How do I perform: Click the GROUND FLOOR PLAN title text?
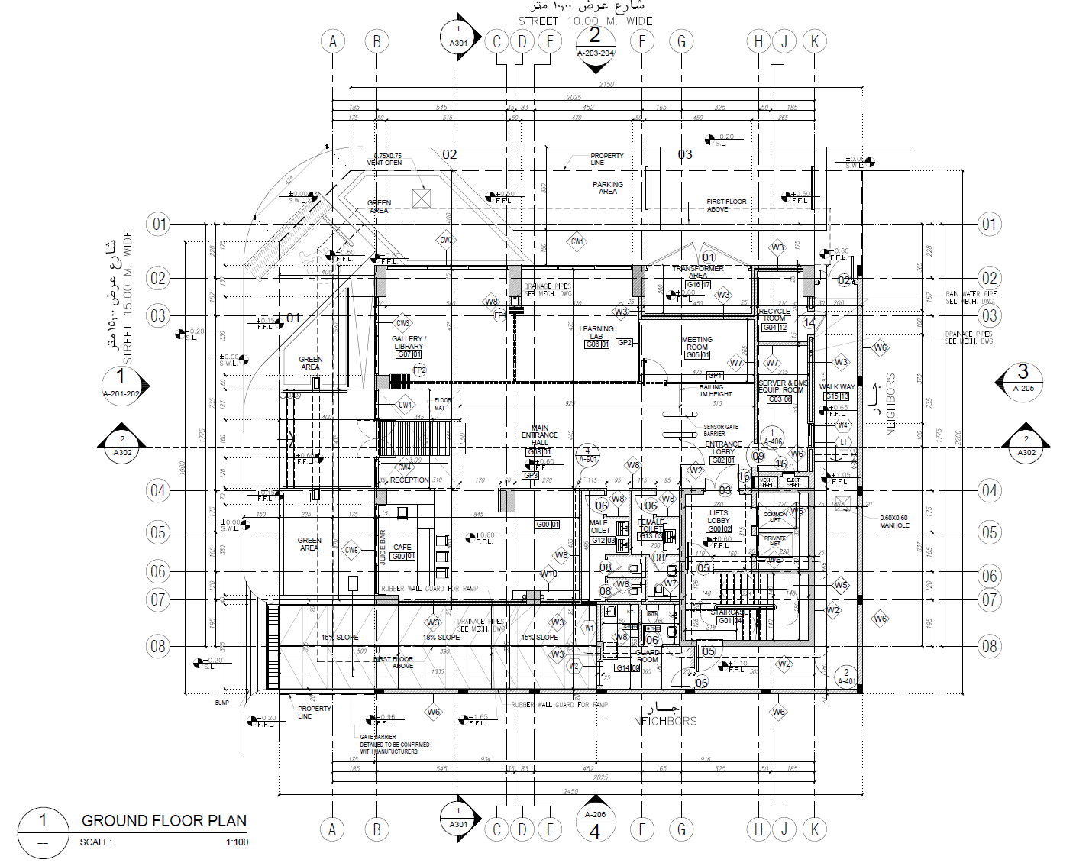pyautogui.click(x=164, y=821)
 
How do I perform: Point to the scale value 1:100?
pyautogui.click(x=237, y=842)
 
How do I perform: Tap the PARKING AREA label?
pyautogui.click(x=608, y=188)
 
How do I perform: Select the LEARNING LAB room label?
pyautogui.click(x=596, y=332)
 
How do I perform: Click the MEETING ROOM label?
pyautogui.click(x=697, y=343)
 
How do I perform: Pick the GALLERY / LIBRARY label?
pyautogui.click(x=409, y=342)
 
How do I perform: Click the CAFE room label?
pyautogui.click(x=402, y=548)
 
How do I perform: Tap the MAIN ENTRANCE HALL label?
pyautogui.click(x=540, y=435)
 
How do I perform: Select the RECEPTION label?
pyautogui.click(x=409, y=480)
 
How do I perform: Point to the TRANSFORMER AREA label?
pyautogui.click(x=698, y=272)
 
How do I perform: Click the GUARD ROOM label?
pyautogui.click(x=648, y=656)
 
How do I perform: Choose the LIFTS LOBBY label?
pyautogui.click(x=719, y=516)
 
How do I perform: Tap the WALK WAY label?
pyautogui.click(x=837, y=387)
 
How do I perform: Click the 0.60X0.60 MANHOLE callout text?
pyautogui.click(x=894, y=522)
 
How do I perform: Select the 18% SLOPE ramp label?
pyautogui.click(x=441, y=638)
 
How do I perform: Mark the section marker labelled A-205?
pyautogui.click(x=1023, y=380)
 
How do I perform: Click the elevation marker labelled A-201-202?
pyautogui.click(x=121, y=384)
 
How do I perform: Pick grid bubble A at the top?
pyautogui.click(x=332, y=41)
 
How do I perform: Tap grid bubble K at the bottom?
pyautogui.click(x=815, y=829)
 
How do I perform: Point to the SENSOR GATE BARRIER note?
pyautogui.click(x=721, y=430)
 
